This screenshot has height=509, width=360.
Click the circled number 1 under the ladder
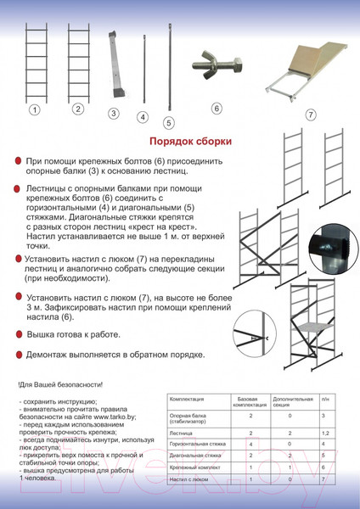pyautogui.click(x=35, y=109)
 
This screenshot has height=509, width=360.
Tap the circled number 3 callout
pyautogui.click(x=113, y=113)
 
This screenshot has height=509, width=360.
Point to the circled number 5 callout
pyautogui.click(x=169, y=122)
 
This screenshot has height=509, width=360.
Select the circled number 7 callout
pyautogui.click(x=310, y=114)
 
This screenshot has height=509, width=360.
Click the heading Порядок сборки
pyautogui.click(x=185, y=142)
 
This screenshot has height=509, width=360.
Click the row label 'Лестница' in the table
pyautogui.click(x=181, y=432)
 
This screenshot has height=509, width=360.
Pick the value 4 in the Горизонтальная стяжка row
pyautogui.click(x=250, y=444)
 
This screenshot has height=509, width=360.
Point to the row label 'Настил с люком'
pyautogui.click(x=187, y=479)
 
